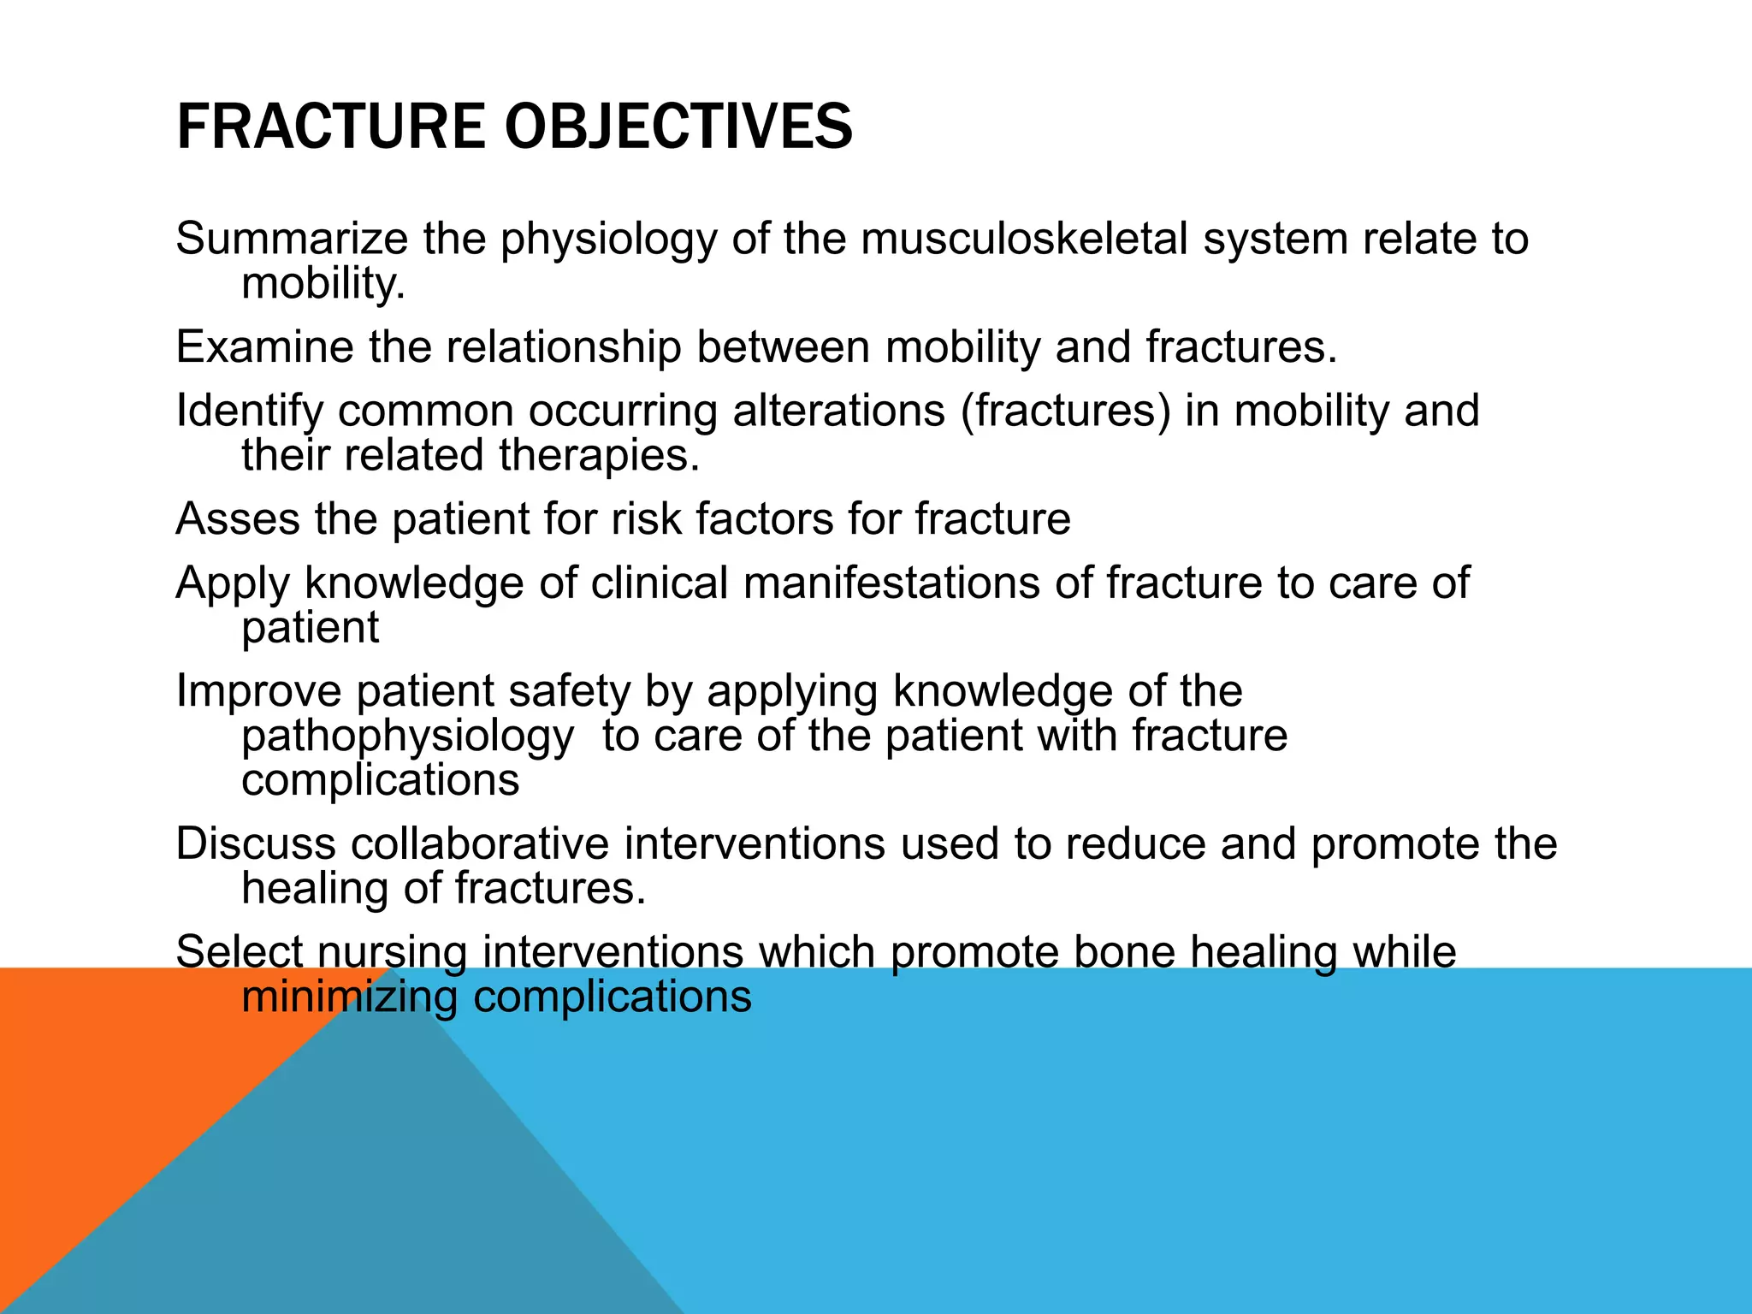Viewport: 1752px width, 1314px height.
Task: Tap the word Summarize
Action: point(290,239)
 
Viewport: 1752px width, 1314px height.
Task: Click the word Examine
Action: point(264,347)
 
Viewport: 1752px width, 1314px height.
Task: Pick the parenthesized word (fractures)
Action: point(1065,411)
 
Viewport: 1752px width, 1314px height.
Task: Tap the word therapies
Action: point(599,455)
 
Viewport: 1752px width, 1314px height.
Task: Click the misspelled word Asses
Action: point(237,519)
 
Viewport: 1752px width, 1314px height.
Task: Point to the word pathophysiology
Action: point(407,737)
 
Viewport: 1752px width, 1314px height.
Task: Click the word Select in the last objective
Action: point(239,952)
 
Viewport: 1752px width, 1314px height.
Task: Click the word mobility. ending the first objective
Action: point(323,283)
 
